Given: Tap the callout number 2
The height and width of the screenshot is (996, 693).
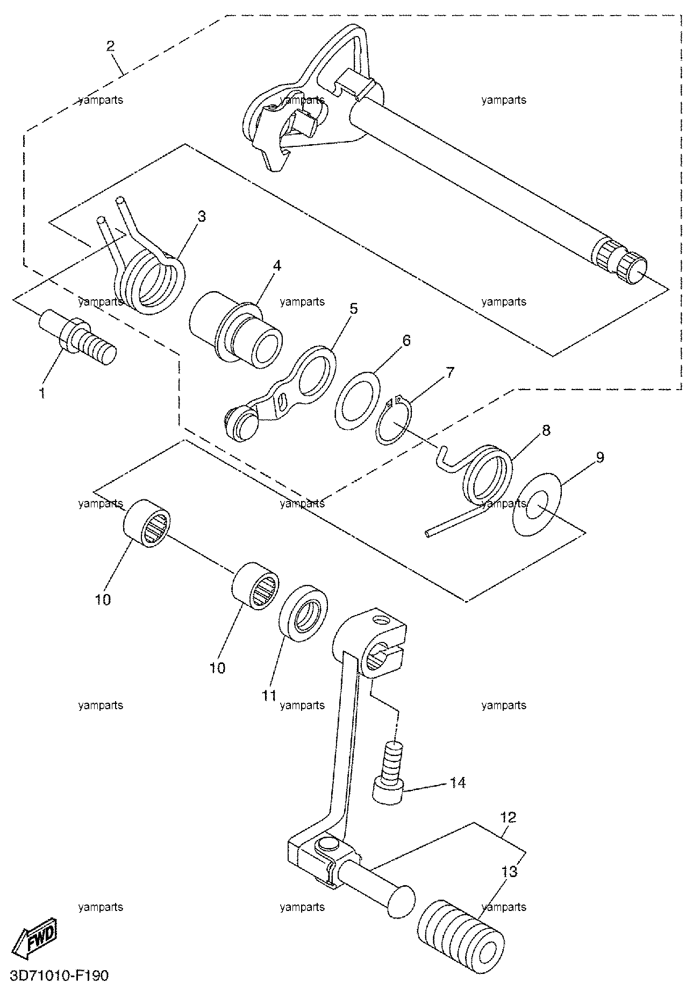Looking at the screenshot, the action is coord(110,45).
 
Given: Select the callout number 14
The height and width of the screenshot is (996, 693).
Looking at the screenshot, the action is coord(458,782).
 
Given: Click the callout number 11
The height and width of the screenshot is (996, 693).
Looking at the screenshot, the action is coord(269,696).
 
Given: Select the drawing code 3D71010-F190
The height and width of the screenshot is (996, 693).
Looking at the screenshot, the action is coord(59,975).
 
